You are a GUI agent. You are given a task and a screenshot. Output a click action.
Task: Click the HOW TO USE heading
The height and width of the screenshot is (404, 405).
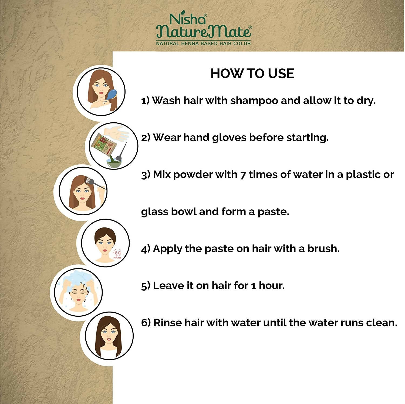pyautogui.click(x=252, y=74)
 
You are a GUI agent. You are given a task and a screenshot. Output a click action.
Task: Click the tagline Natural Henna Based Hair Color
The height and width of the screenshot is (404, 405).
pyautogui.click(x=203, y=43)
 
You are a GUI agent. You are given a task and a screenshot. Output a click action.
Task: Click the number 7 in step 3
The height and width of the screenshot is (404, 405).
pyautogui.click(x=243, y=175)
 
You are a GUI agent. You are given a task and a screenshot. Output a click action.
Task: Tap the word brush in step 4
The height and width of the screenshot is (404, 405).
pyautogui.click(x=323, y=248)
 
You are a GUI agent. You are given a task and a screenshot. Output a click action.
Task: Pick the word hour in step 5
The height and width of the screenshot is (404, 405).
pyautogui.click(x=271, y=285)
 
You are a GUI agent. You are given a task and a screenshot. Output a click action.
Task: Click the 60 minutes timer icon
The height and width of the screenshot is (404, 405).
pyautogui.click(x=117, y=254)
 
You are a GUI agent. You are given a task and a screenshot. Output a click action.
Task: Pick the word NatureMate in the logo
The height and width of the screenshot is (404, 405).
pyautogui.click(x=204, y=32)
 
